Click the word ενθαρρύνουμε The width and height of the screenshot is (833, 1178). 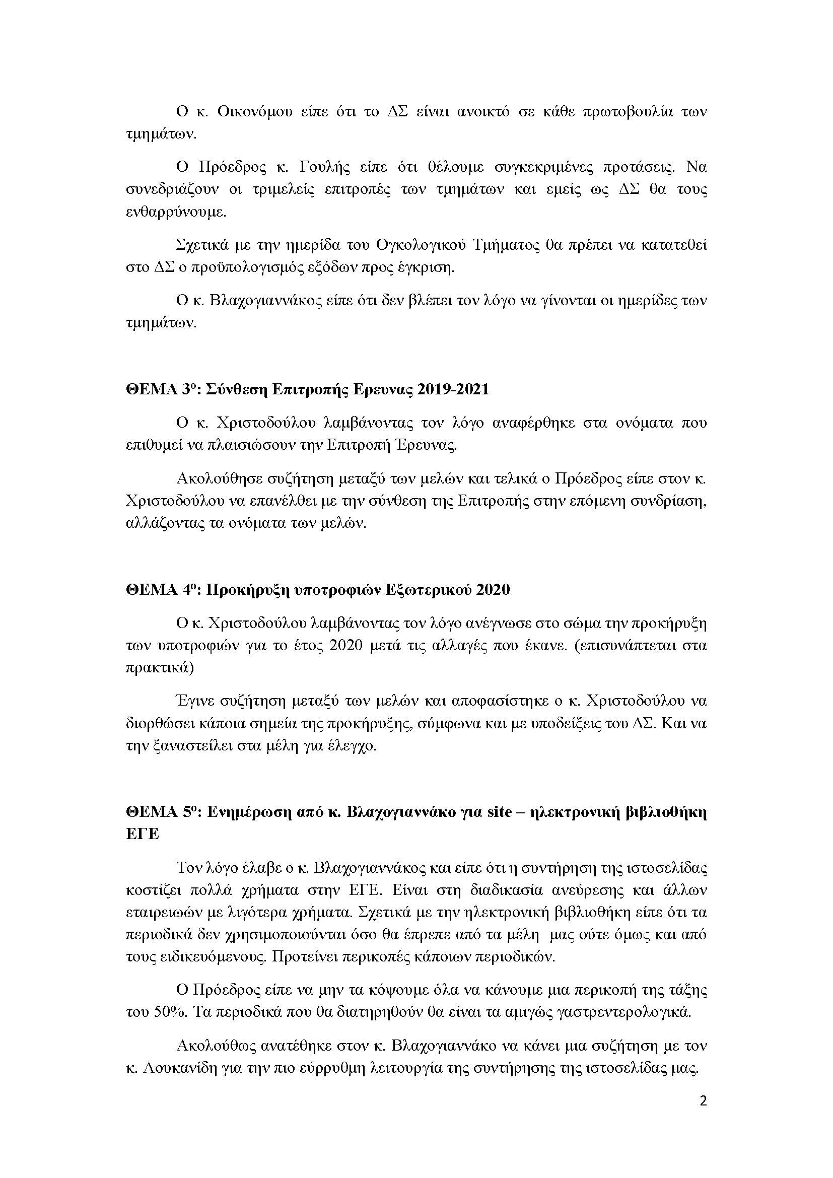176,213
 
